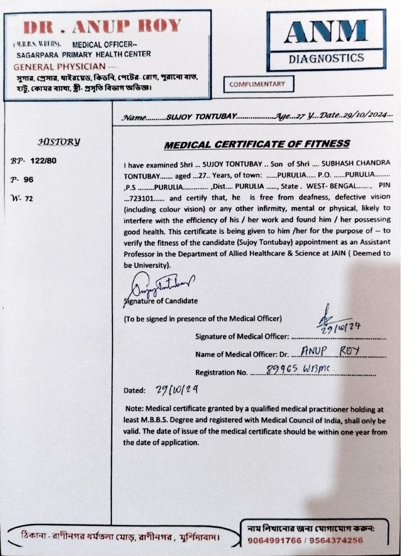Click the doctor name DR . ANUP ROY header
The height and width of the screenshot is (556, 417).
point(103,26)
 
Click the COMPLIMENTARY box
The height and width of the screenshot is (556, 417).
point(258,84)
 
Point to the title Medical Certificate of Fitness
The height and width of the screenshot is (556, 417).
point(257,144)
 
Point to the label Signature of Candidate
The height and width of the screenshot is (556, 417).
point(161,301)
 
